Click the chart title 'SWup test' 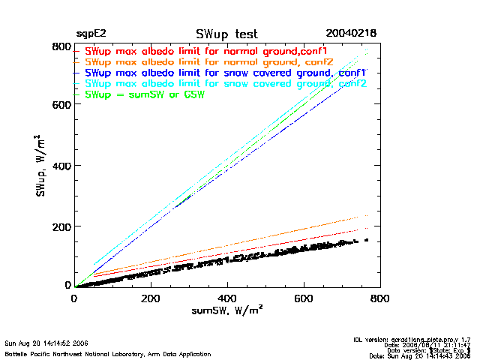pyautogui.click(x=226, y=34)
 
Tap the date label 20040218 pyautogui.click(x=351, y=34)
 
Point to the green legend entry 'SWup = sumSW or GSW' pyautogui.click(x=145, y=94)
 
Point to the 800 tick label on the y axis pyautogui.click(x=61, y=47)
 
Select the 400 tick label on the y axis pyautogui.click(x=61, y=165)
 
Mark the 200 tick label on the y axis pyautogui.click(x=61, y=226)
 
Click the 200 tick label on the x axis pyautogui.click(x=151, y=298)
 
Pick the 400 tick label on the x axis pyautogui.click(x=227, y=298)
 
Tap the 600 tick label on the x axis pyautogui.click(x=304, y=298)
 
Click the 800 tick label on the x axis pyautogui.click(x=380, y=298)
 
